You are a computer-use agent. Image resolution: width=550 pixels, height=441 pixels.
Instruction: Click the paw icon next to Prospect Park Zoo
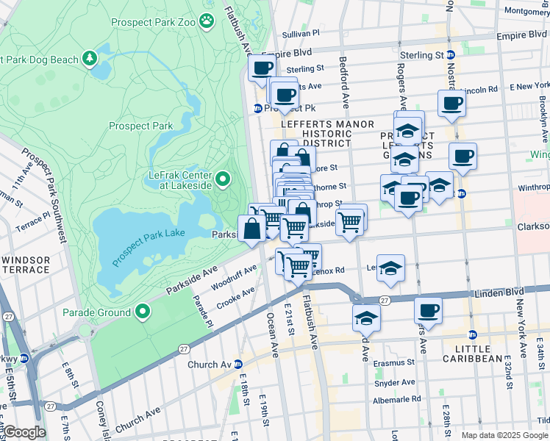pyautogui.click(x=208, y=22)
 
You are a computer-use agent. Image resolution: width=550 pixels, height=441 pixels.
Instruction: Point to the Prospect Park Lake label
pyautogui.click(x=147, y=243)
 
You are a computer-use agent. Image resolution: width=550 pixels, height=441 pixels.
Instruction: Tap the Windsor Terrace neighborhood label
pyautogui.click(x=26, y=265)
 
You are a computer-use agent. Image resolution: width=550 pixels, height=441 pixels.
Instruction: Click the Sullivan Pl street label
pyautogui.click(x=301, y=34)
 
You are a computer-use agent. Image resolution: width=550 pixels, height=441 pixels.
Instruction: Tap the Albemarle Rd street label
pyautogui.click(x=397, y=399)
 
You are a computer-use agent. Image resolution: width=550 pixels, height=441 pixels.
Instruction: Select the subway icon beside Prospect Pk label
pyautogui.click(x=258, y=108)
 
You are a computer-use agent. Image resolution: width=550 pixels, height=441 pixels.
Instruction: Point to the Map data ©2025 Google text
pyautogui.click(x=504, y=435)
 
